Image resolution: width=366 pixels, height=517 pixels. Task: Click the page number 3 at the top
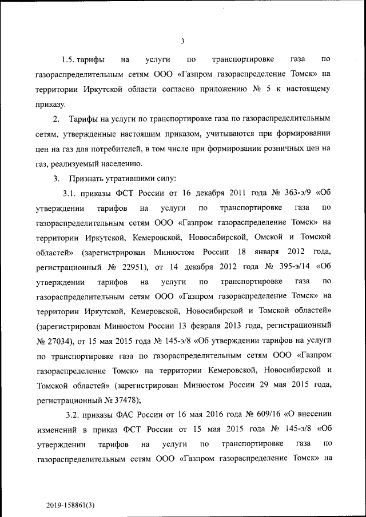point(182,41)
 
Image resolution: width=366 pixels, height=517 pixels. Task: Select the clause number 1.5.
point(69,59)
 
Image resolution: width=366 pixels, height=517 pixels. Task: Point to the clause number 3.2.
point(77,414)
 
